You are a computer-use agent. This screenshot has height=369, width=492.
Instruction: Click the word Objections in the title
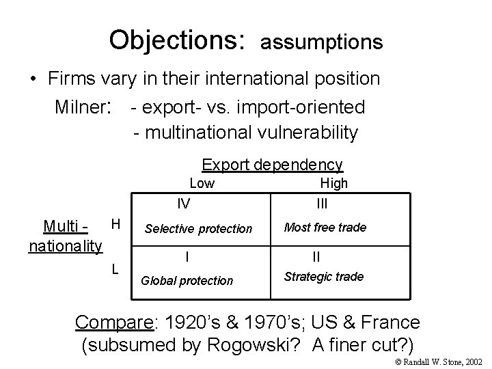click(176, 40)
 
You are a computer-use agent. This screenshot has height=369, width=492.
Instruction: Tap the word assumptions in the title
click(321, 42)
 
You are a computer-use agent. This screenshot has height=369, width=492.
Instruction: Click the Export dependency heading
click(272, 165)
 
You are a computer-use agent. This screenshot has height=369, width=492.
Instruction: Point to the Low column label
click(202, 183)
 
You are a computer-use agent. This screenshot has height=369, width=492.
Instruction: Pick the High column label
click(334, 183)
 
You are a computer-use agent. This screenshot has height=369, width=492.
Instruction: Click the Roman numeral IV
click(184, 203)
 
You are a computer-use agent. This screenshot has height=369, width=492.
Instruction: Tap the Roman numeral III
click(322, 203)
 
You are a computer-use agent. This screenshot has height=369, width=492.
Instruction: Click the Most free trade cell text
click(325, 227)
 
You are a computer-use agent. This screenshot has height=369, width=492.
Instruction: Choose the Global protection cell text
click(187, 280)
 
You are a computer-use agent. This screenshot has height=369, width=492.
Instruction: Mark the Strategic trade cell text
click(323, 277)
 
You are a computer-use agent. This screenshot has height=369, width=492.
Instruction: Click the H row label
click(115, 224)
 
